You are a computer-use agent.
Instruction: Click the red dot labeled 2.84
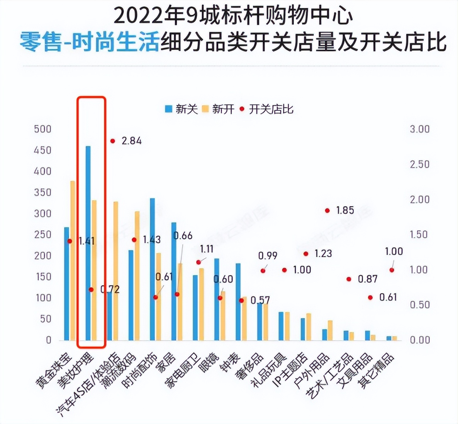click(113, 141)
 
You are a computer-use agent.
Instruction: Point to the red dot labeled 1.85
click(327, 211)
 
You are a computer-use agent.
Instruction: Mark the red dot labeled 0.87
click(349, 279)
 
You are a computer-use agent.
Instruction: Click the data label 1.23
click(323, 254)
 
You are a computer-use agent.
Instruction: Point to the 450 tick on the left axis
click(42, 150)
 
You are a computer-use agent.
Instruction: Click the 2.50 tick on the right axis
click(419, 164)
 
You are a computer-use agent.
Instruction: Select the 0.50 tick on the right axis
click(419, 305)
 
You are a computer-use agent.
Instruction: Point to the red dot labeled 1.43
click(134, 240)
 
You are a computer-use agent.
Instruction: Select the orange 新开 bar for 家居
click(180, 302)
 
